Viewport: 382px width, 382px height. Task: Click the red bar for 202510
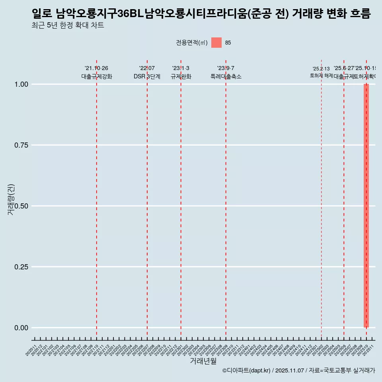pos(366,206)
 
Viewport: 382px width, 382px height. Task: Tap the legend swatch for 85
pos(216,43)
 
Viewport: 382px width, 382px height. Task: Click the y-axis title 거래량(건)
pos(11,200)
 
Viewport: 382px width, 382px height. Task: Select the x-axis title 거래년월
pos(203,361)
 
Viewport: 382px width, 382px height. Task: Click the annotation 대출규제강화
pos(97,76)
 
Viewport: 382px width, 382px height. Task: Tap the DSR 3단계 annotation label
pos(147,76)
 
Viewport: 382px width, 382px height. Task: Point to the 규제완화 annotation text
pos(181,76)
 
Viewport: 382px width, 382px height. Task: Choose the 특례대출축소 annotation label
pos(226,76)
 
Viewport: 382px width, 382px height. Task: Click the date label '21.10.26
pos(96,68)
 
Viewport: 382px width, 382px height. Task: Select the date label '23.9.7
pos(226,68)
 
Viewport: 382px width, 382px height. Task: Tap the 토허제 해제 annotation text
pos(321,76)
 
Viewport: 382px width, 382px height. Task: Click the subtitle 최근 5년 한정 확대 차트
pos(68,26)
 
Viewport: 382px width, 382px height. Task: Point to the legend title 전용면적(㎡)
pos(192,43)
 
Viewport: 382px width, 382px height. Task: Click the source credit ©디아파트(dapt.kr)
pos(247,370)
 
